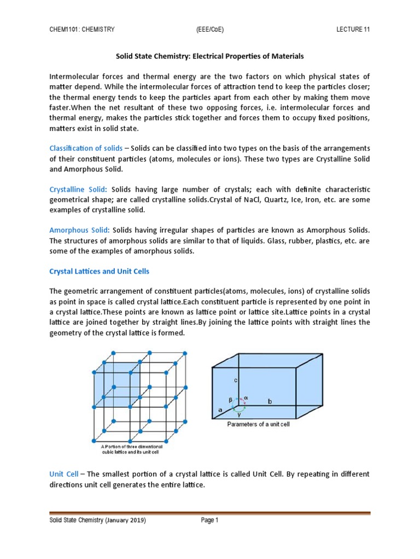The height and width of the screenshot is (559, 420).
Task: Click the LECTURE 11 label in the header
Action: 353,29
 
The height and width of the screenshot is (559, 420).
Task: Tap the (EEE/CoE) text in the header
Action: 209,29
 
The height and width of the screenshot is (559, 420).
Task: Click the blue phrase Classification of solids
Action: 86,148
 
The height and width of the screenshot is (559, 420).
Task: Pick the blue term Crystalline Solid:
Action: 79,189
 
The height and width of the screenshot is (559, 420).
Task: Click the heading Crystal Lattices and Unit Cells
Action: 99,271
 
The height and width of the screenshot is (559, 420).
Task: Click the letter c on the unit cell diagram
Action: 234,380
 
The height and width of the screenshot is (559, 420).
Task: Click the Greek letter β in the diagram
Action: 230,400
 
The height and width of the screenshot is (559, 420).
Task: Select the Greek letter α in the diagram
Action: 246,399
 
